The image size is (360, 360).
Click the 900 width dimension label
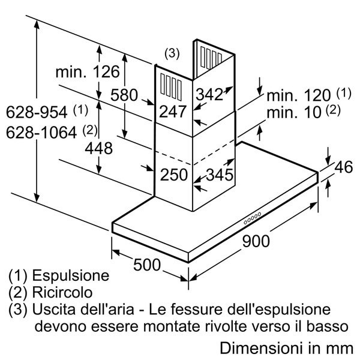point(256,241)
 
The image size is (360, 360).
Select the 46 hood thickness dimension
point(343,168)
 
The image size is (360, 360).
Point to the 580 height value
point(124,95)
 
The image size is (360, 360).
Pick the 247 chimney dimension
point(173,111)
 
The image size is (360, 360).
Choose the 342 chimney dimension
point(209,94)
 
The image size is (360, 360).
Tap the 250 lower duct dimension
point(173,175)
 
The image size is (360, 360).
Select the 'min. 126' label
point(88,73)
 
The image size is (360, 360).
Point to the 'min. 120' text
point(299,95)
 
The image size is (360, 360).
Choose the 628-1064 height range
point(43,130)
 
